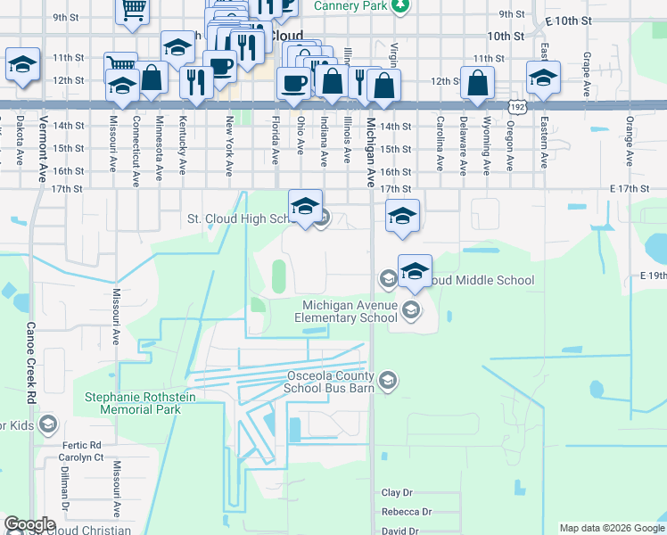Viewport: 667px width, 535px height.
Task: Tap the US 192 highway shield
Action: (519, 106)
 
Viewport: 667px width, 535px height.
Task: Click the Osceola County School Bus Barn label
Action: (327, 382)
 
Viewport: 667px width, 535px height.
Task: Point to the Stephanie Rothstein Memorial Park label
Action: (140, 403)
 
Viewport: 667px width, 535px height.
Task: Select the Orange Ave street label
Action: (629, 141)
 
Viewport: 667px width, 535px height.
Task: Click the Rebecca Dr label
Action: (406, 512)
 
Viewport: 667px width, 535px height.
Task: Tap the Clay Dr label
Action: (397, 492)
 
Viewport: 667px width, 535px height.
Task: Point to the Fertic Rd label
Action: (82, 444)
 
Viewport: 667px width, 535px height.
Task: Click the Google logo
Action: (29, 524)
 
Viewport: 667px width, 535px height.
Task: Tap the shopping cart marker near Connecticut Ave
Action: (120, 64)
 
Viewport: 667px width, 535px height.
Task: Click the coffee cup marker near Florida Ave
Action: (292, 83)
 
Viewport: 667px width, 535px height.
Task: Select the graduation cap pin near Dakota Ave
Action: (22, 64)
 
